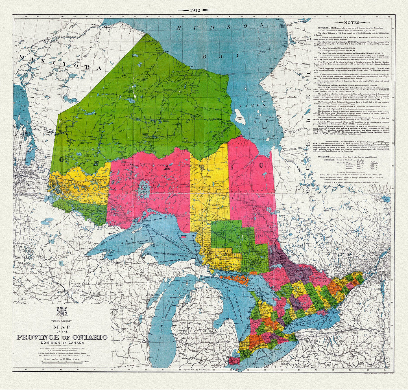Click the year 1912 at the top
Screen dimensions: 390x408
pyautogui.click(x=195, y=10)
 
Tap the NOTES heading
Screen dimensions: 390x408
pyautogui.click(x=351, y=23)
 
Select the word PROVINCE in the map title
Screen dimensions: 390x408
pyautogui.click(x=38, y=337)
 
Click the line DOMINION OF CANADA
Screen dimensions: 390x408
pyautogui.click(x=62, y=343)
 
